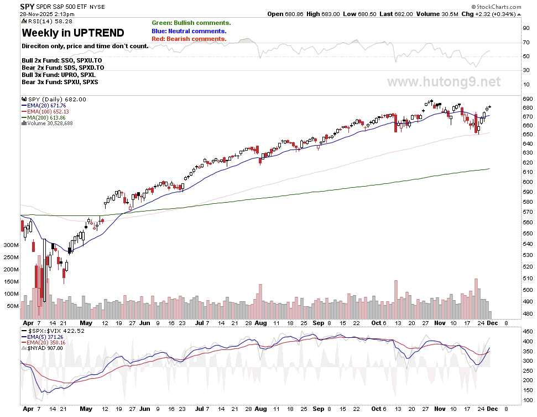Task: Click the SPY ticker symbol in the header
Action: [27, 6]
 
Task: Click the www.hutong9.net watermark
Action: [444, 83]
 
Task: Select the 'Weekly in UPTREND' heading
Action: [72, 33]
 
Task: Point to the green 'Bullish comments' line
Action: [191, 23]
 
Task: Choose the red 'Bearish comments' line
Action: [189, 39]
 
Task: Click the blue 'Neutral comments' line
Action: [188, 31]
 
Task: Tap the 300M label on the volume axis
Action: [11, 244]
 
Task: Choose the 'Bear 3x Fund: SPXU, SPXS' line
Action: [59, 82]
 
